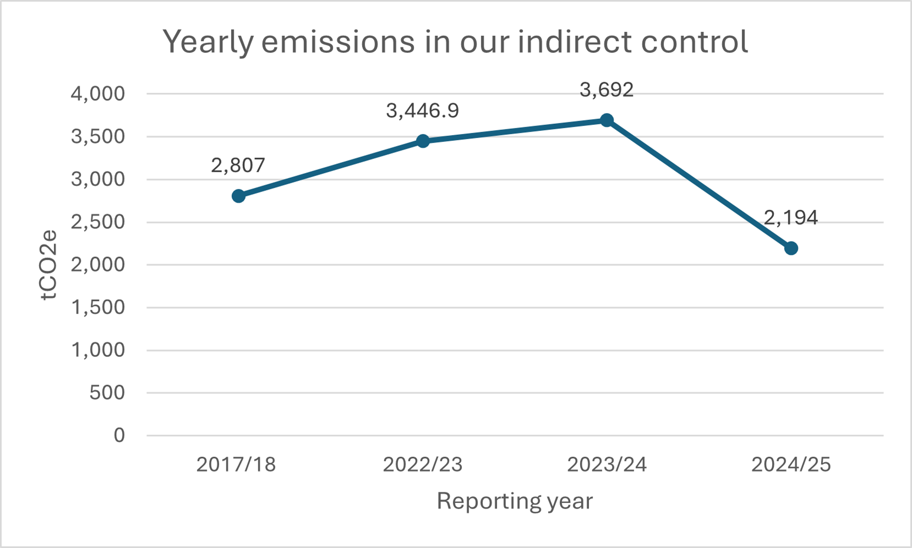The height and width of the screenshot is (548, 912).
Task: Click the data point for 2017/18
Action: pyautogui.click(x=238, y=196)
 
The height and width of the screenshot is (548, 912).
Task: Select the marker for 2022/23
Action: pyautogui.click(x=423, y=141)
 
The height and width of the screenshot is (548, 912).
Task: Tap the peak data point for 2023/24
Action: pyautogui.click(x=607, y=120)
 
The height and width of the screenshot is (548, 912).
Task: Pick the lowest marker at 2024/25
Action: pyautogui.click(x=791, y=248)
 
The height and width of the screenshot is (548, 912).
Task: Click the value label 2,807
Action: pyautogui.click(x=238, y=165)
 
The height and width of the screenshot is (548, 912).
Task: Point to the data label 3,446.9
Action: pyautogui.click(x=422, y=111)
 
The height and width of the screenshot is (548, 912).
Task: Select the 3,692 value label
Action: pyautogui.click(x=607, y=90)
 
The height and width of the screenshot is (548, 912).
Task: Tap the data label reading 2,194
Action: pyautogui.click(x=790, y=218)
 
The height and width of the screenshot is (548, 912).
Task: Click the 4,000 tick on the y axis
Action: pyautogui.click(x=98, y=94)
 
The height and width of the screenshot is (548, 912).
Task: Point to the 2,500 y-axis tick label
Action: pyautogui.click(x=98, y=222)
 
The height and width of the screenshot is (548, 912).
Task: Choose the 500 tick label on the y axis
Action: pyautogui.click(x=107, y=393)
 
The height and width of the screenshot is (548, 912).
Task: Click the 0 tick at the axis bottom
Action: pyautogui.click(x=119, y=436)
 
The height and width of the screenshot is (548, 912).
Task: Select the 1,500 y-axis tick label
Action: pyautogui.click(x=98, y=307)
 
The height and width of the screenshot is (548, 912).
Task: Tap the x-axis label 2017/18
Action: pyautogui.click(x=236, y=465)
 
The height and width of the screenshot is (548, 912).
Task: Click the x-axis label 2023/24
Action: pyautogui.click(x=607, y=465)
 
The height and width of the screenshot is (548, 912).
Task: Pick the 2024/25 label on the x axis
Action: pyautogui.click(x=791, y=465)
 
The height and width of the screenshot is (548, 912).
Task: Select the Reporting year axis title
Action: pyautogui.click(x=515, y=501)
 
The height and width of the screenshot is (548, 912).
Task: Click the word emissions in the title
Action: pyautogui.click(x=338, y=42)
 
